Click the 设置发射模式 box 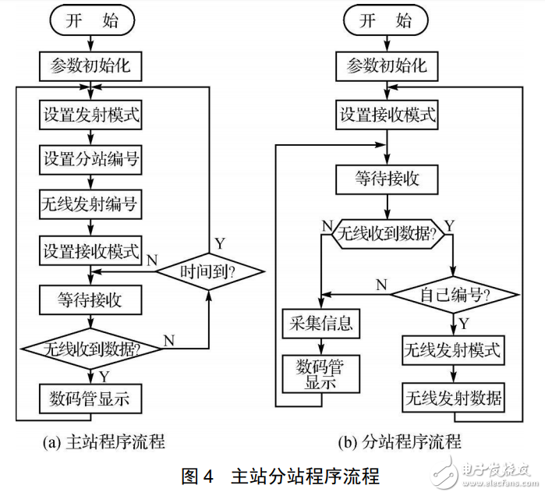[91, 115]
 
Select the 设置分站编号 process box [91, 160]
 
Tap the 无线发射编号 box [91, 206]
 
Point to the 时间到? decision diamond [209, 272]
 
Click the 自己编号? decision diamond [454, 295]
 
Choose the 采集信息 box [321, 322]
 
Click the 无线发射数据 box [452, 398]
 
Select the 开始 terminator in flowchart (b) [388, 21]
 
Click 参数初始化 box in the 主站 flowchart [91, 67]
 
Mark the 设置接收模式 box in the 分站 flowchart [388, 115]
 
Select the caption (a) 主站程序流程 [104, 442]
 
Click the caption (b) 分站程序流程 [399, 442]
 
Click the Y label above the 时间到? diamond [221, 243]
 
